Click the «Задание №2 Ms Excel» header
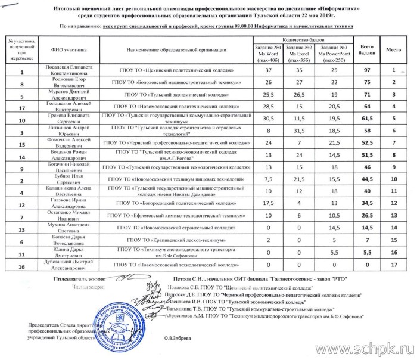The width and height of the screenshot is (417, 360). (299, 53)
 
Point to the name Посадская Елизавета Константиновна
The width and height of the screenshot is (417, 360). (67, 71)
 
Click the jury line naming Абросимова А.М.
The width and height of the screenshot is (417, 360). (262, 317)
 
